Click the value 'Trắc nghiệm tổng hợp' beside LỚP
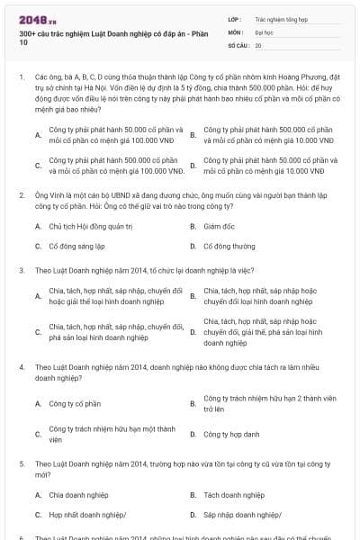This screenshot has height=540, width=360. (x=279, y=18)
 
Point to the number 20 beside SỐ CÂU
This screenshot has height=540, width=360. (x=258, y=44)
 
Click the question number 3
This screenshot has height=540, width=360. (x=21, y=270)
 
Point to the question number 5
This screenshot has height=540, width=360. (x=21, y=463)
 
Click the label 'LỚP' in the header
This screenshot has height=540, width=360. (x=236, y=18)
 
